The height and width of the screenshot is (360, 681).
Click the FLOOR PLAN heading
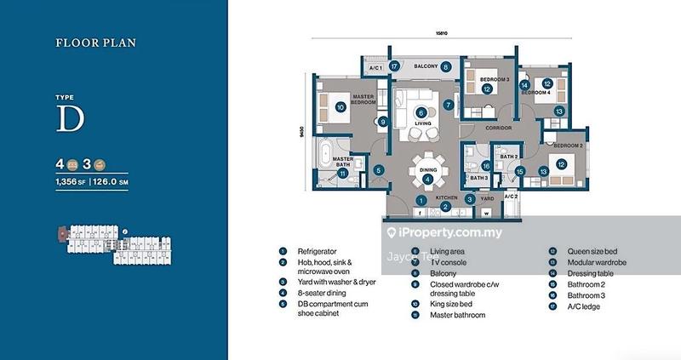95,42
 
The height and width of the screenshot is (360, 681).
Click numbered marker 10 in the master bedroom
340,107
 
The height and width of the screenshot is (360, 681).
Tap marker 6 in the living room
420,111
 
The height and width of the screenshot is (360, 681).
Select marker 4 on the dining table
426,179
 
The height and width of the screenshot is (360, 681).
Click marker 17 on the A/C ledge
394,66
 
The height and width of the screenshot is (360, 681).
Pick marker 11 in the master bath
342,174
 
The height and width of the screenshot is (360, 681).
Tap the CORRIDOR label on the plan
499,129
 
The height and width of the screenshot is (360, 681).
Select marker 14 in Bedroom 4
524,84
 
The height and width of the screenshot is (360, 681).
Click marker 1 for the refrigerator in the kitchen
421,200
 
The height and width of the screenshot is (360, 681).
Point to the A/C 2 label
511,197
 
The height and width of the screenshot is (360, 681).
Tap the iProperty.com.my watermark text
450,232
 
